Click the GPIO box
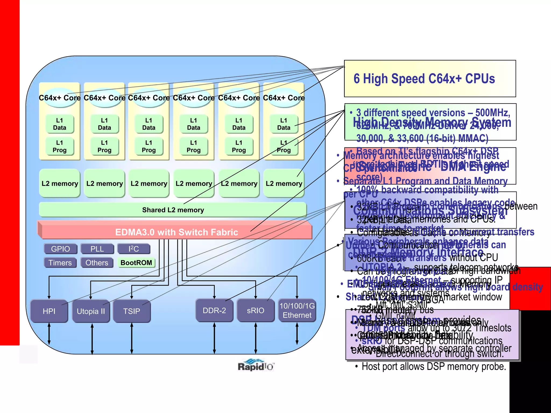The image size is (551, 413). coord(61,249)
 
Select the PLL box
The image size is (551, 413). coord(97,249)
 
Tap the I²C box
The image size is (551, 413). coord(134,249)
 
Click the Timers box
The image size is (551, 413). coord(60,262)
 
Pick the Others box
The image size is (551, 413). coord(97,262)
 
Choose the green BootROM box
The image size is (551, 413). coord(136,262)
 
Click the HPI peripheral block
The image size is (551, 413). coord(49,311)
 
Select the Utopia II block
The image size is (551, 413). coord(91,311)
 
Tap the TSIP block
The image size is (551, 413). coord(132,311)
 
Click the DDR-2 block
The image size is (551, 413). coord(214,310)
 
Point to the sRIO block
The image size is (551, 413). coord(256,310)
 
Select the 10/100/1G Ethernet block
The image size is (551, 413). coord(297,310)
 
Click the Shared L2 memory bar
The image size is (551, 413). coord(173,210)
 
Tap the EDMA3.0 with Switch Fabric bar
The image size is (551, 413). coord(176,232)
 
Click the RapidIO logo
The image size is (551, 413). coord(255,365)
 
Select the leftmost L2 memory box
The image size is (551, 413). coord(60,183)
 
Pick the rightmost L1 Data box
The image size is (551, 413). coord(284,124)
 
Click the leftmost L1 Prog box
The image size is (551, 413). coord(59,146)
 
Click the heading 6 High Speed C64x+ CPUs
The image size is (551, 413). coord(424,79)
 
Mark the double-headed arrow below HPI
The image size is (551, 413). coord(49,334)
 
